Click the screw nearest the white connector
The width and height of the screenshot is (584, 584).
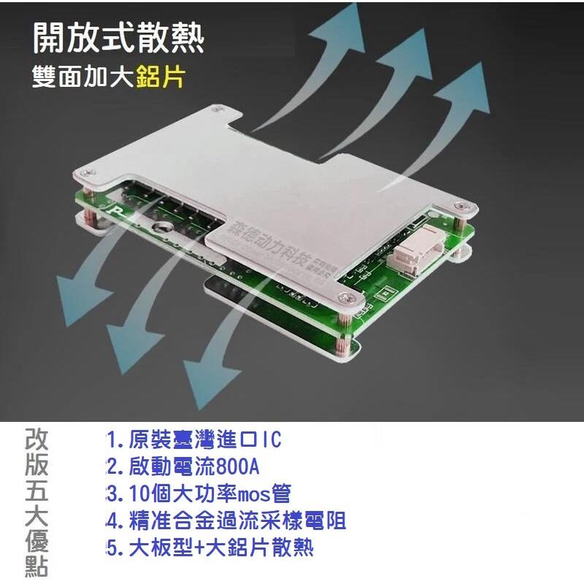459,207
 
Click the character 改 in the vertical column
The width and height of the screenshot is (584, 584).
37,440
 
